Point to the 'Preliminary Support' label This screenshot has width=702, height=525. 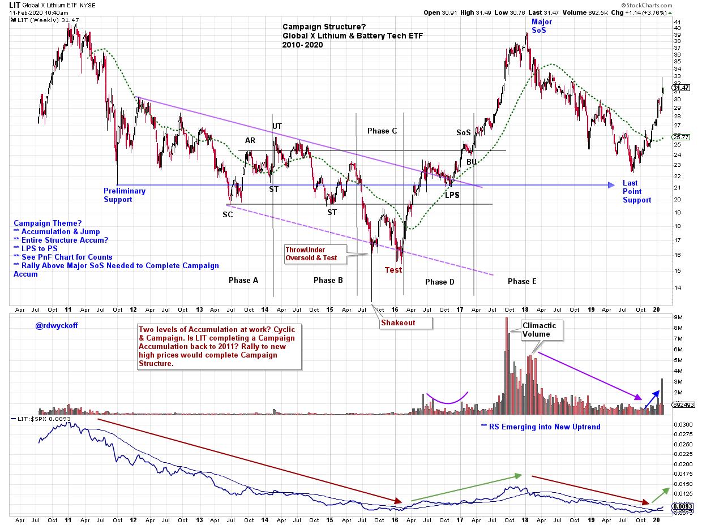click(125, 195)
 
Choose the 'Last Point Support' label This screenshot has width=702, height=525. click(637, 191)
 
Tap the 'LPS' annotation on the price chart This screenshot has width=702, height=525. click(452, 195)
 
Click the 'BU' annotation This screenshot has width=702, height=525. click(472, 162)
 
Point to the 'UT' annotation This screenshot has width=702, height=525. click(277, 126)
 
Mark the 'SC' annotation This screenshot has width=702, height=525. click(228, 214)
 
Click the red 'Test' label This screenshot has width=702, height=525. click(393, 270)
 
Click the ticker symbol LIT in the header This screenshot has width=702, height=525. click(15, 5)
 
